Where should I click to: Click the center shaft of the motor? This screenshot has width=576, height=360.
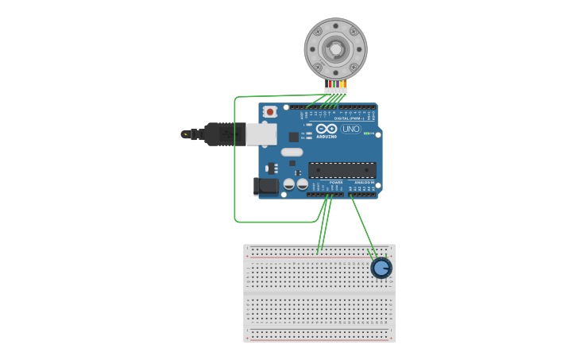[x=335, y=49]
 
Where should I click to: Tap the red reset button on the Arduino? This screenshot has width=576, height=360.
[x=270, y=112]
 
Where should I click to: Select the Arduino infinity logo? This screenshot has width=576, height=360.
[x=327, y=128]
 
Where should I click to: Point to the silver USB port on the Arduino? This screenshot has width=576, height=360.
[x=261, y=134]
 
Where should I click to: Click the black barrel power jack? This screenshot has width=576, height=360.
[x=266, y=186]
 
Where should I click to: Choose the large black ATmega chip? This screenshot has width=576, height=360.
[x=342, y=169]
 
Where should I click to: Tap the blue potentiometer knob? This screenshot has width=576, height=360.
[x=381, y=268]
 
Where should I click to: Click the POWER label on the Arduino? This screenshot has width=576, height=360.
[x=336, y=182]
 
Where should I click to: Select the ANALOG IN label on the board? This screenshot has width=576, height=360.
[x=364, y=182]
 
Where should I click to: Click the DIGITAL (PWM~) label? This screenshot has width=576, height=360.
[x=349, y=118]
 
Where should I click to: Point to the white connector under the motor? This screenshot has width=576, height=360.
[x=335, y=91]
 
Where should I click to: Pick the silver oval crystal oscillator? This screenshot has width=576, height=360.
[x=292, y=152]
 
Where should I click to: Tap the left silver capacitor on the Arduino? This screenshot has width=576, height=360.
[x=289, y=184]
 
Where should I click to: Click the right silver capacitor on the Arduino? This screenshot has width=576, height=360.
[x=302, y=184]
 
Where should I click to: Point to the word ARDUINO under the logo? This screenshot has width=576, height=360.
[x=327, y=136]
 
